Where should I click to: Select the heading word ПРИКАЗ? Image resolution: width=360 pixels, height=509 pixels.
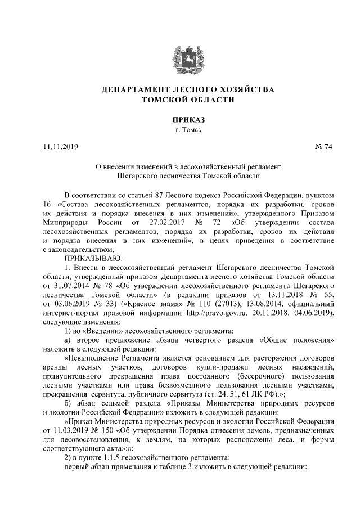(x=179, y=119)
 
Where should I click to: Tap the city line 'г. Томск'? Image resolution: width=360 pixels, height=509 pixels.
(x=180, y=130)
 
